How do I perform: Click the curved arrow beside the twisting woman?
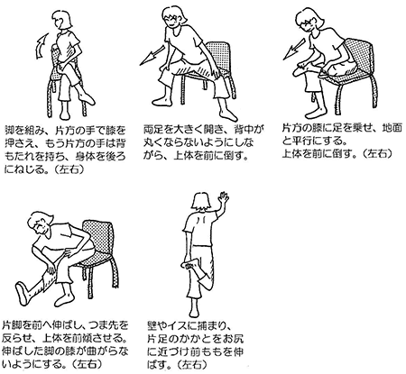pyautogui.click(x=41, y=47)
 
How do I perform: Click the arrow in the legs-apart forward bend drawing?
pyautogui.click(x=152, y=55)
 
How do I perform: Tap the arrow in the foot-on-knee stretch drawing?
pyautogui.click(x=295, y=49)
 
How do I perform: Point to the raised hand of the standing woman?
pyautogui.click(x=223, y=198)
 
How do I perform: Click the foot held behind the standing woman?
pyautogui.click(x=190, y=264)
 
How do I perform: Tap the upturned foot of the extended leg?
pyautogui.click(x=22, y=294)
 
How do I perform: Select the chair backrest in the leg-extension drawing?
pyautogui.click(x=98, y=236)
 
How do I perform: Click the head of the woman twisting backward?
pyautogui.click(x=62, y=20)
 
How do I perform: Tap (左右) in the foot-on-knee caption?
pyautogui.click(x=376, y=153)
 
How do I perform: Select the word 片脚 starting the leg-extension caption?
pyautogui.click(x=13, y=325)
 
